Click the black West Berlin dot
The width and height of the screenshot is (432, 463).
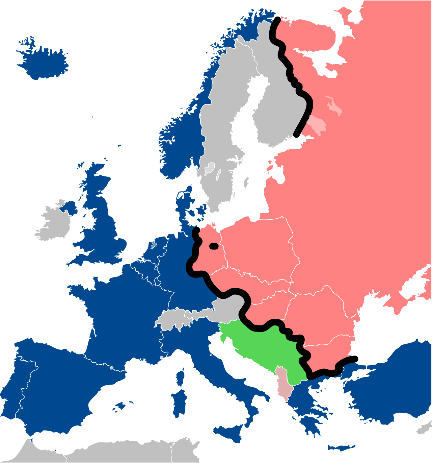(x=214, y=246)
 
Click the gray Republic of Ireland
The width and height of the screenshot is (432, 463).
(x=54, y=225)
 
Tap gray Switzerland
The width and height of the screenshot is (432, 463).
(x=175, y=319)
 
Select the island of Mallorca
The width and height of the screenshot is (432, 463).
(x=120, y=406)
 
